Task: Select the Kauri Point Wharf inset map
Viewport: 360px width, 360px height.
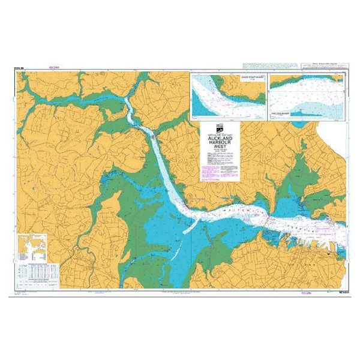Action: tap(227, 95)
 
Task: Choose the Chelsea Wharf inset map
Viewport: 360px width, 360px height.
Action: tap(306, 95)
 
